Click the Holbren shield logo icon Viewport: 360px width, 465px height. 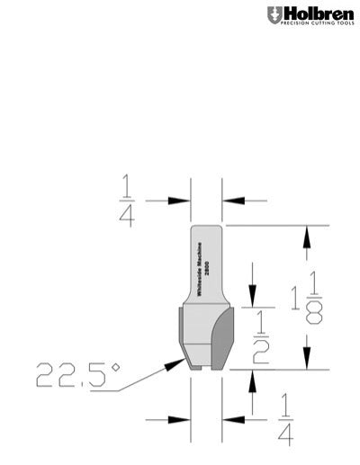click(x=273, y=14)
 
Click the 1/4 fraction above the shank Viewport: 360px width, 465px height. click(x=126, y=201)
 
